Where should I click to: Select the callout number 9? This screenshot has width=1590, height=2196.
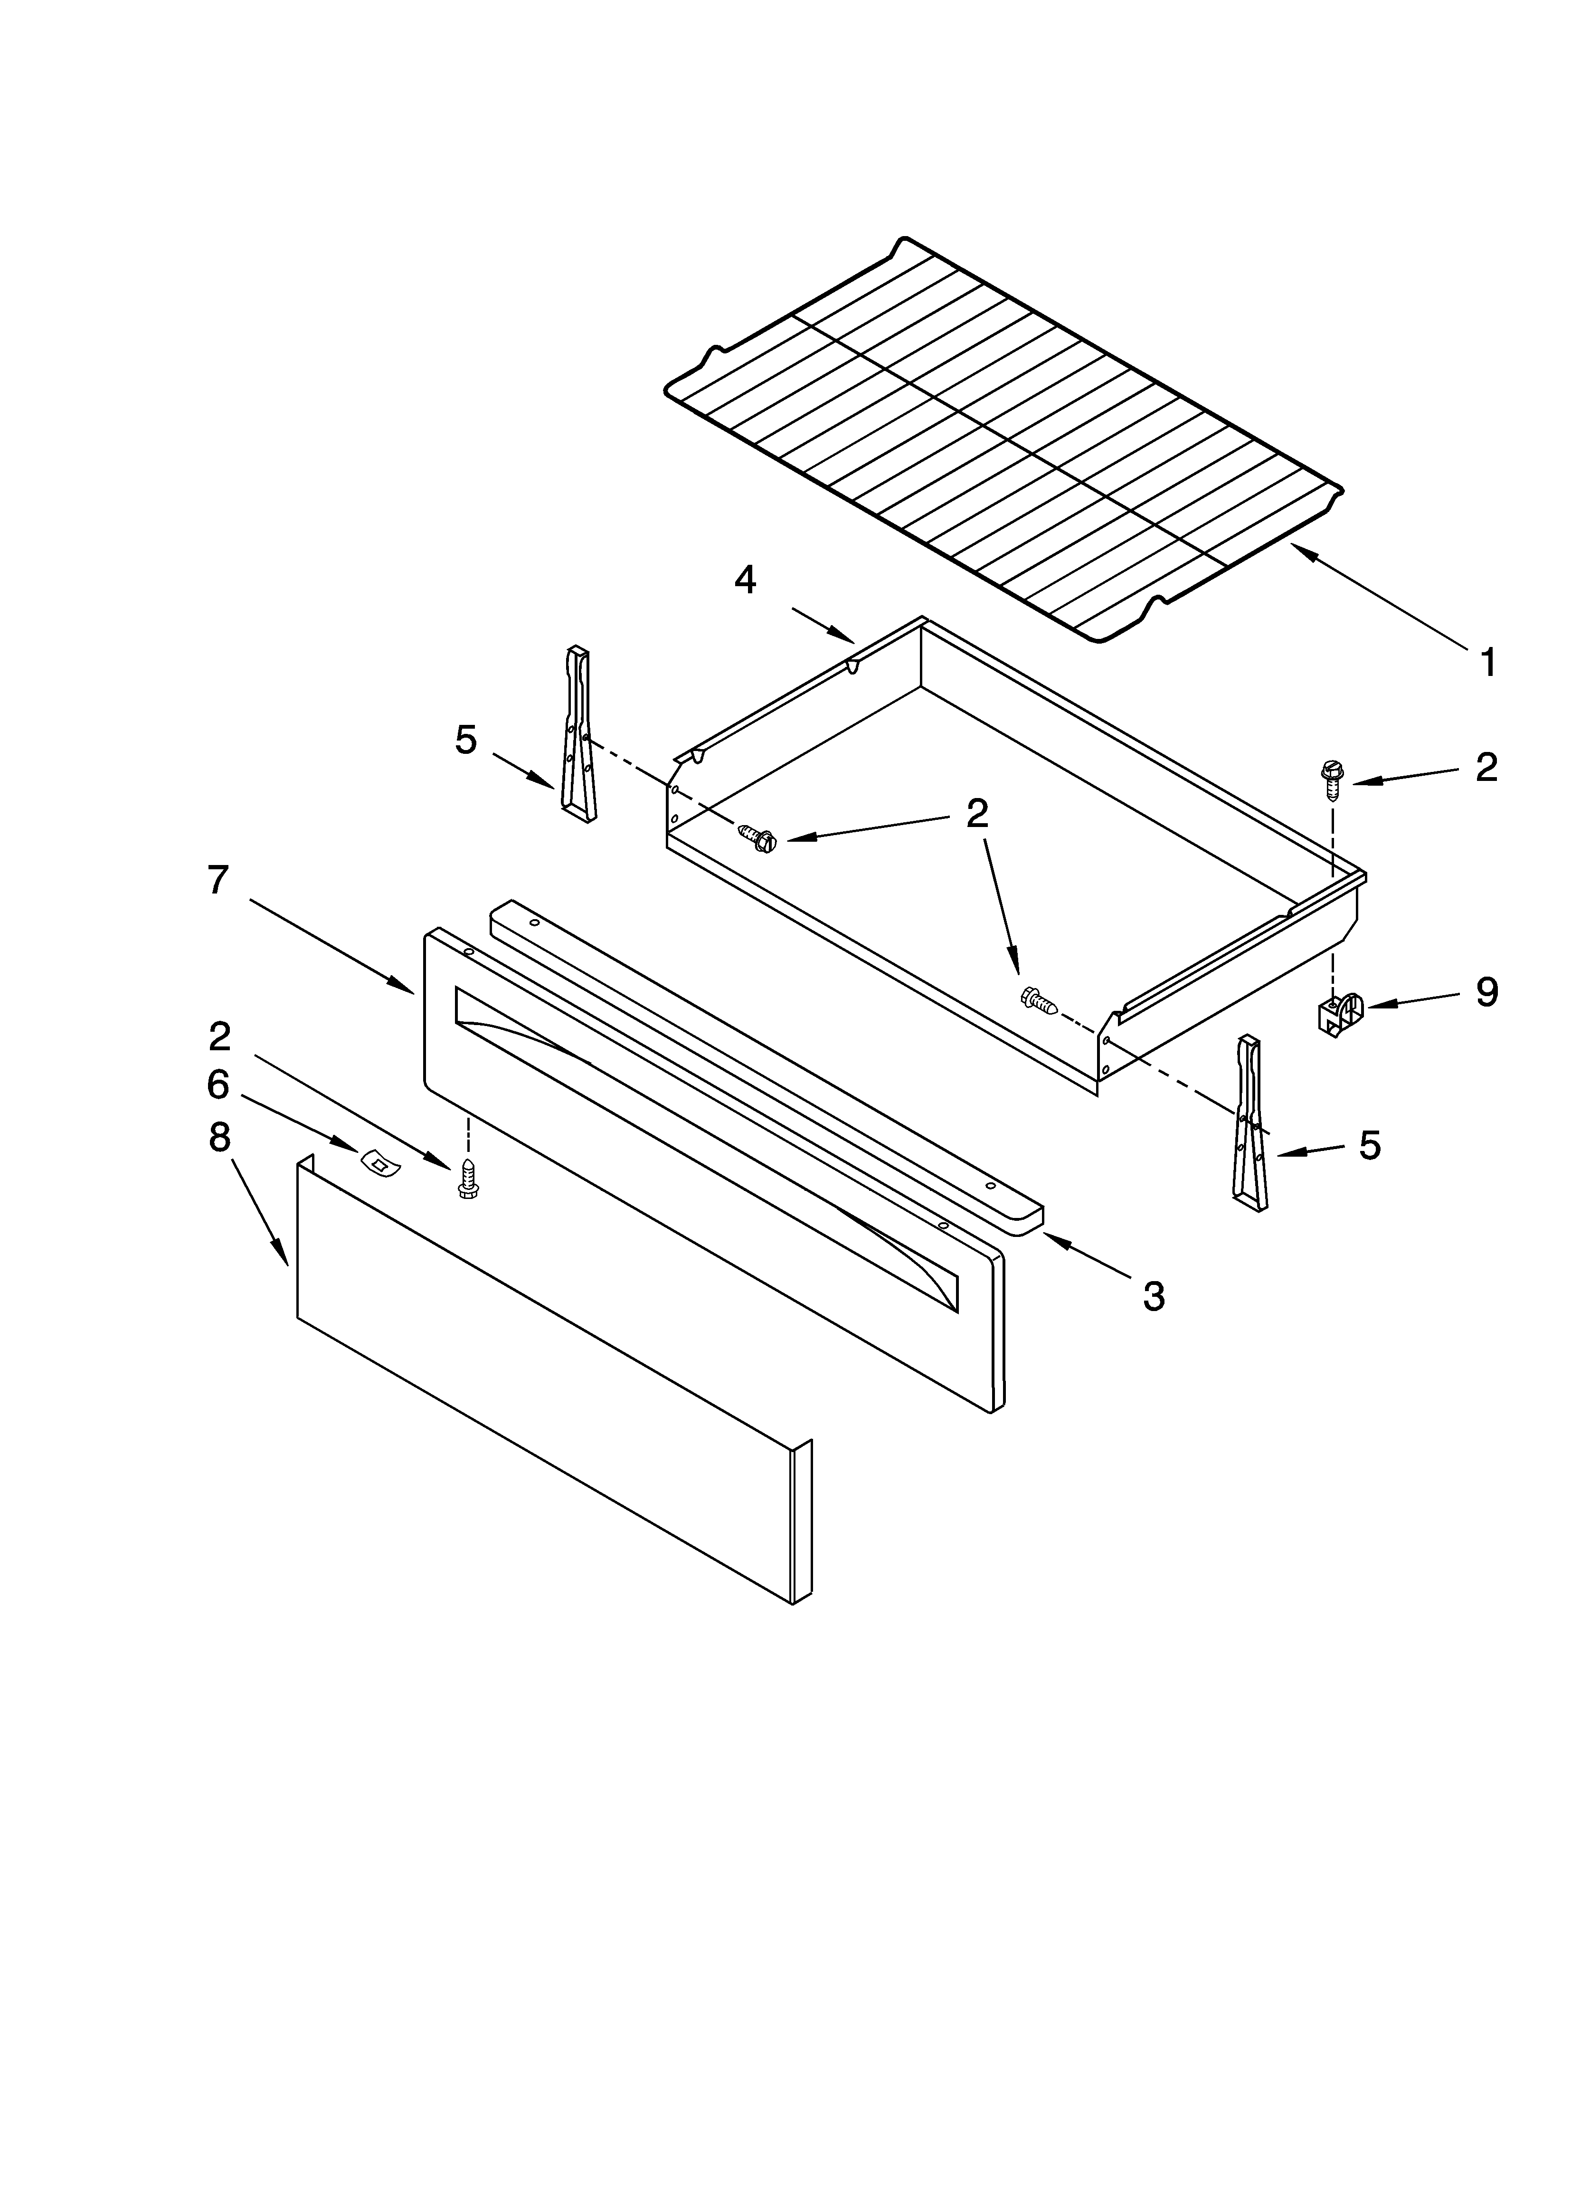click(1486, 992)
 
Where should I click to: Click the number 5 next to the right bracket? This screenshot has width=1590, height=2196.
click(1369, 1145)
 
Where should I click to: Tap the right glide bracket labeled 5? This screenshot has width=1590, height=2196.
click(1250, 1123)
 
